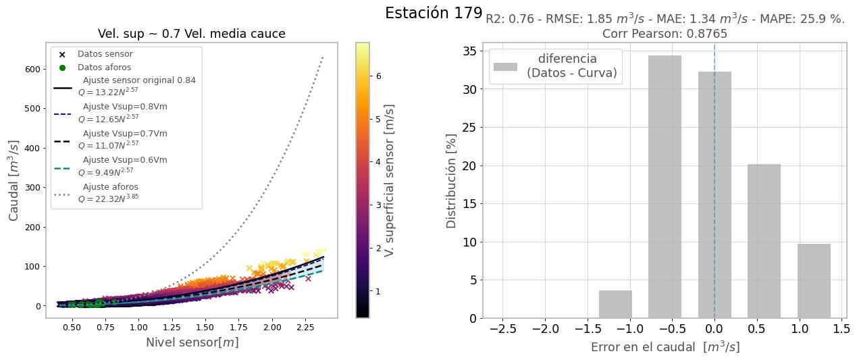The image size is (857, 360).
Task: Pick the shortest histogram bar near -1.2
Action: [615, 305]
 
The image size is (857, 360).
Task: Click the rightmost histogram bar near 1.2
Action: [814, 281]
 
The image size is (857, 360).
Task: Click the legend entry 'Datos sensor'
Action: [105, 54]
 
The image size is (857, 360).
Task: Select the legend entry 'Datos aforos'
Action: [104, 68]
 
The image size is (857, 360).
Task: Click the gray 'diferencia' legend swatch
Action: [505, 66]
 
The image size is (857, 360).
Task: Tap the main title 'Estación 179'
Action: [434, 13]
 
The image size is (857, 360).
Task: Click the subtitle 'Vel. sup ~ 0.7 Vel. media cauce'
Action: [191, 34]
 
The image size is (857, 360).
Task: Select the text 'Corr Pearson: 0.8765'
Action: [665, 34]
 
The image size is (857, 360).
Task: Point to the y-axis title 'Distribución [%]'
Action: [452, 180]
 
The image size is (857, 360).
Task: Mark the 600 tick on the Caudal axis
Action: [31, 69]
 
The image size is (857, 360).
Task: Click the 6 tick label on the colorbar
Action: [379, 76]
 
